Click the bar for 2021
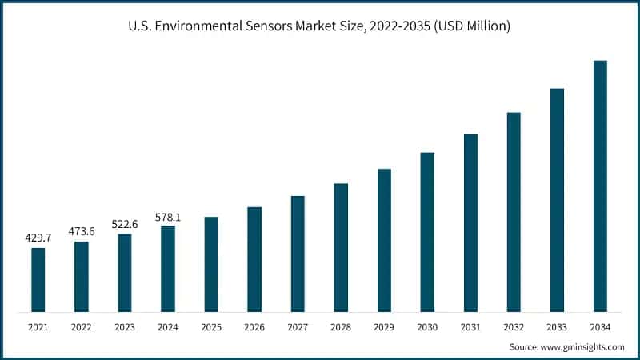38,279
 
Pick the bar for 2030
427,231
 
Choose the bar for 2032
514,211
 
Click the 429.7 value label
38,238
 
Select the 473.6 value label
82,231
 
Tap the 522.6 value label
125,224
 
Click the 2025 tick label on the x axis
211,327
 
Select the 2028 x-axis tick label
341,327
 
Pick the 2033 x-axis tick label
557,327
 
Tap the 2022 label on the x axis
82,327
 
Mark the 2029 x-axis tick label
384,327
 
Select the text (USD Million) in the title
470,26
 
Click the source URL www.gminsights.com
583,347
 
